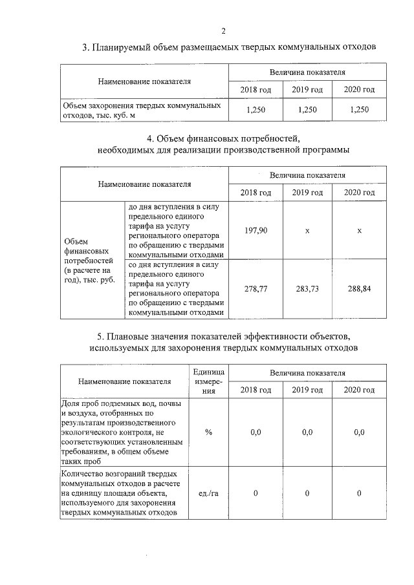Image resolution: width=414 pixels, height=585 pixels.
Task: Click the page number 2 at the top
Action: [223, 30]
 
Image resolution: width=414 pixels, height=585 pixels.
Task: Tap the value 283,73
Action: [307, 289]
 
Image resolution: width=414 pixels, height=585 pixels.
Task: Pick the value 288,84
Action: [359, 289]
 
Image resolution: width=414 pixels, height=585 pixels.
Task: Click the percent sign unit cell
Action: [208, 432]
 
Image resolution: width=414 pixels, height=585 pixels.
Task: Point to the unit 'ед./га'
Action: [208, 494]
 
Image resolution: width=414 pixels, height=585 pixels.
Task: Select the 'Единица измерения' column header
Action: [208, 382]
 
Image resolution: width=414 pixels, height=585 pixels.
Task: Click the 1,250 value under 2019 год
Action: [307, 110]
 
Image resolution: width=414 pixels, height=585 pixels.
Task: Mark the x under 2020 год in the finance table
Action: [359, 231]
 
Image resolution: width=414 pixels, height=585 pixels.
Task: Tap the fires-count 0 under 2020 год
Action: [359, 494]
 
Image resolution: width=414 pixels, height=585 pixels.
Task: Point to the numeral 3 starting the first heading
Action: [85, 47]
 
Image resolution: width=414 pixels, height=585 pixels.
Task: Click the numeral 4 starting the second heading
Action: [150, 138]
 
